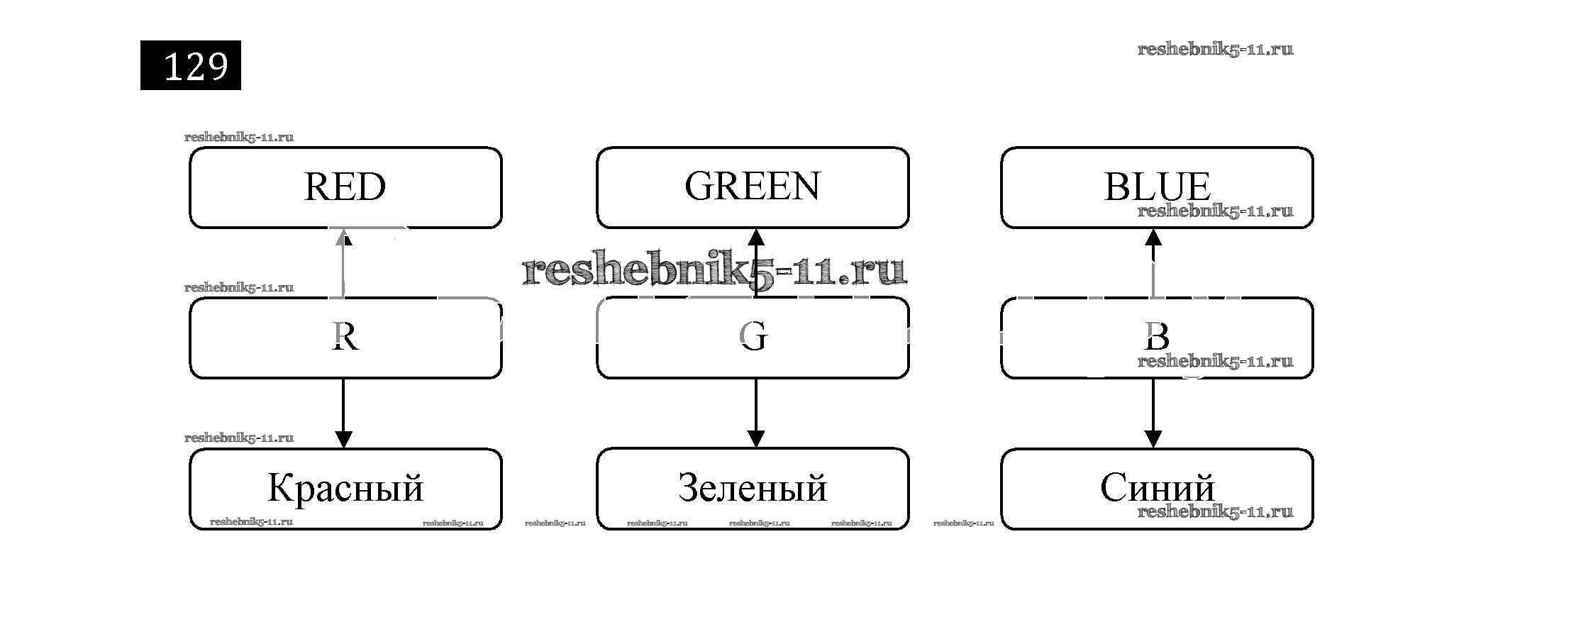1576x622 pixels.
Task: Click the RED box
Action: point(345,188)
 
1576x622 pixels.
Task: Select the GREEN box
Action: point(753,188)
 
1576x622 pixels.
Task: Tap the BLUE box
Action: point(1157,188)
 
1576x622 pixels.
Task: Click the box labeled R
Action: point(345,338)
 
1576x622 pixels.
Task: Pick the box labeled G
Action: point(753,338)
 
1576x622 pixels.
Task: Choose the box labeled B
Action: point(1157,338)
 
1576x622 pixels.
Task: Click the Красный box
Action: point(345,489)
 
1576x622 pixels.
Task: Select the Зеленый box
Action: point(753,489)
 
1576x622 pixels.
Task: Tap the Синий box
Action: point(1157,489)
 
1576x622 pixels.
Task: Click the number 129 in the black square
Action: point(195,66)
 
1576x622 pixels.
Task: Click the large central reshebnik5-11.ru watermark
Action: point(714,270)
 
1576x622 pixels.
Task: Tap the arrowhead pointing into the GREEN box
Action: point(756,238)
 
